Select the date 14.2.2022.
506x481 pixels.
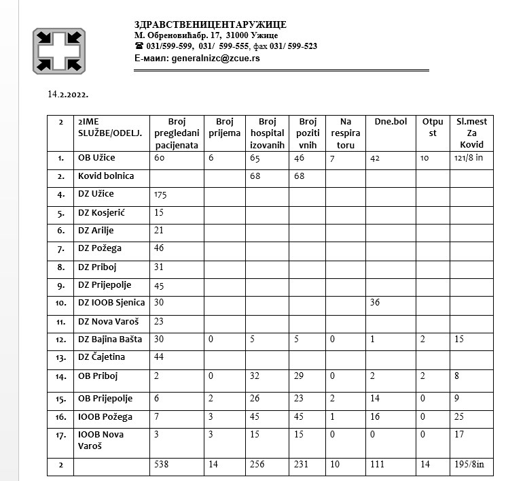pos(68,93)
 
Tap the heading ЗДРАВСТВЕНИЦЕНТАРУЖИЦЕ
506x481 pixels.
pos(211,24)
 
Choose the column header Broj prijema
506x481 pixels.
pos(223,127)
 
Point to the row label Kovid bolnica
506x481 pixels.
pos(106,176)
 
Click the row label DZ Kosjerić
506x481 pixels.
pos(102,213)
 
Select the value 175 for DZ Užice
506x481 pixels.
pos(161,195)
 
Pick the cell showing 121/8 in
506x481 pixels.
pos(469,158)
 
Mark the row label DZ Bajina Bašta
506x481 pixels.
pos(111,339)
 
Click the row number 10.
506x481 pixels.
pos(61,303)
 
